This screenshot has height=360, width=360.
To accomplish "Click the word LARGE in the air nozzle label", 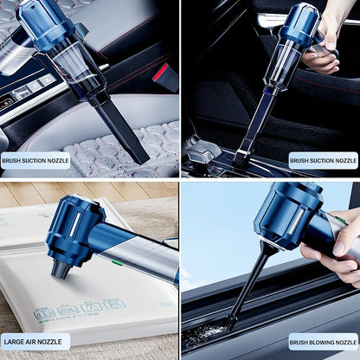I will pos(15,341).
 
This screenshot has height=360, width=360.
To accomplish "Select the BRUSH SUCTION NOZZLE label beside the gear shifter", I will pos(323,160).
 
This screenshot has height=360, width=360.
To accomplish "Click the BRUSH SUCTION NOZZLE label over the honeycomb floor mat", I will pos(35,160).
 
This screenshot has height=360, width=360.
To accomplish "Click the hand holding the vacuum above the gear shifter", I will pos(321,48).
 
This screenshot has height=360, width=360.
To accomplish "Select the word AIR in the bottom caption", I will pos(32,341).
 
